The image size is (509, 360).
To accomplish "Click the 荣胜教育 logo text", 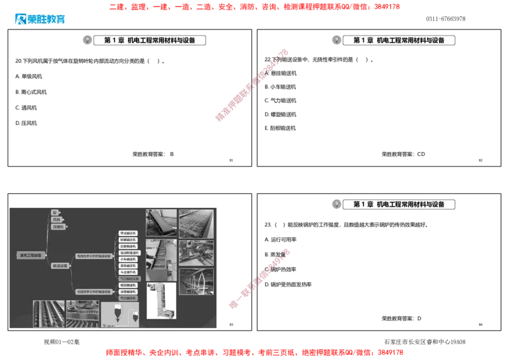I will [47, 19].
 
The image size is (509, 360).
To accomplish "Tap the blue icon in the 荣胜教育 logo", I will [20, 19].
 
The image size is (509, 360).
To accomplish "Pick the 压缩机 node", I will [59, 226].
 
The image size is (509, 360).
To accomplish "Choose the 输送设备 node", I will [60, 265].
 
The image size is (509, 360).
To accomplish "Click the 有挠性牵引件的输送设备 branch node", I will [94, 255].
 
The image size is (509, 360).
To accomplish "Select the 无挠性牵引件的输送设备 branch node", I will [94, 291].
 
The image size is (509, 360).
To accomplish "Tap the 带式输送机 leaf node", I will [129, 233].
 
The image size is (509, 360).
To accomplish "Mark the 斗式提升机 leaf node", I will [129, 272].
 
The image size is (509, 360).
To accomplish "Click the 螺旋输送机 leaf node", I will [129, 285].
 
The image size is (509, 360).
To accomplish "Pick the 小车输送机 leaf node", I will [129, 259].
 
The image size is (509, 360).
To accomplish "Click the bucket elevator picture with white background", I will [161, 300].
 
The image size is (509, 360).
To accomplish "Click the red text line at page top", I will [254, 7].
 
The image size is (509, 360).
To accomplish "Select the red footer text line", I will [254, 351].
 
